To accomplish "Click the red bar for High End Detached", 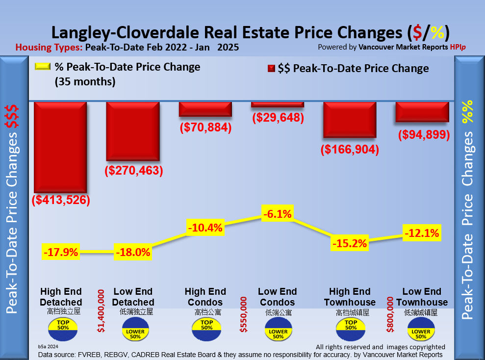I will click(60, 147).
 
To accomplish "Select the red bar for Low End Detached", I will click(132, 131).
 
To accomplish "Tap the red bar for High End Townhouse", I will click(349, 120).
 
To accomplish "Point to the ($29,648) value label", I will click(278, 118).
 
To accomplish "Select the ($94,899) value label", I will click(423, 134).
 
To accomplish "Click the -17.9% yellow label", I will click(61, 253).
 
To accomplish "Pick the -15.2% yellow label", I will click(349, 243).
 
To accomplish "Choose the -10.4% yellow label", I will click(205, 228).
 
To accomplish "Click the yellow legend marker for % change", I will click(43, 67).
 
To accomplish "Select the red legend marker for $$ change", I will click(270, 69).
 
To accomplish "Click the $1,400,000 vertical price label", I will click(102, 311).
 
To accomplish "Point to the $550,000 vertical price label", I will click(243, 314).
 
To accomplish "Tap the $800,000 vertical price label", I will click(391, 314).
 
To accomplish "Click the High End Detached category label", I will click(61, 297).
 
